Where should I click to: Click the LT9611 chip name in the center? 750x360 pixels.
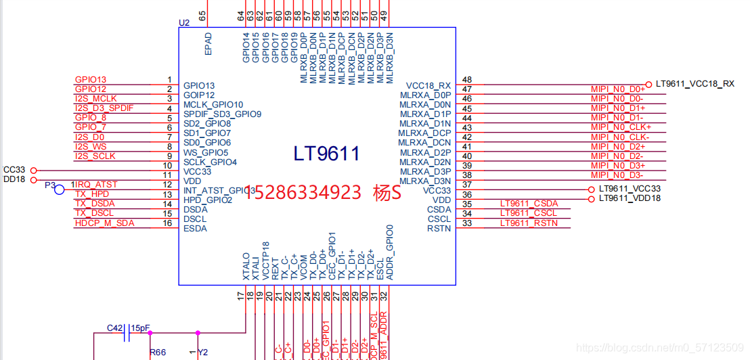326,154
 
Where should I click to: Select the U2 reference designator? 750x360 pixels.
184,22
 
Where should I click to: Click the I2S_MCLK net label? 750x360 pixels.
95,99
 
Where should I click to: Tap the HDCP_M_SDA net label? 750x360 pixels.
104,223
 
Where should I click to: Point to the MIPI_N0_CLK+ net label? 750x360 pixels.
620,127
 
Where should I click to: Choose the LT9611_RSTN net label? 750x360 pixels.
529,223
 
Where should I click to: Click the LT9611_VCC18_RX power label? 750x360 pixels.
694,84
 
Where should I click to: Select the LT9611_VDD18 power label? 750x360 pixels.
630,198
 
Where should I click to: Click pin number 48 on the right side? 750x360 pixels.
466,80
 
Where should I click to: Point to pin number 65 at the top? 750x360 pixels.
202,15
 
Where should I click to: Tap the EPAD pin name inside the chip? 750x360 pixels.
208,44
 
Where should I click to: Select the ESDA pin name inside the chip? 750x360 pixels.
195,229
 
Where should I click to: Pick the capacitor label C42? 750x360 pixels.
115,328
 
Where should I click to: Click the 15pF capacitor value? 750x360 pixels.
141,328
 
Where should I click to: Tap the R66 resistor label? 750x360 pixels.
157,353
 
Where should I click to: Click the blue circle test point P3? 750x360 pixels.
60,189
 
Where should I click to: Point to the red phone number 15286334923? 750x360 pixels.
303,193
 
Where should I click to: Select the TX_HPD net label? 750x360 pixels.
92,194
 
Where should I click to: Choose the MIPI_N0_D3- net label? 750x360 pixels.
617,175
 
